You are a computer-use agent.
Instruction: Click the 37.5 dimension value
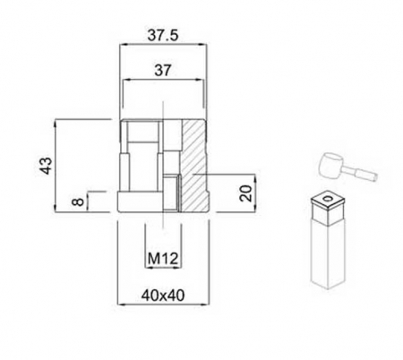click(x=164, y=38)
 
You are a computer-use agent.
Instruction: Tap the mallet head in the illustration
click(x=330, y=165)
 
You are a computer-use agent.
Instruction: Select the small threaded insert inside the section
click(x=171, y=192)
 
